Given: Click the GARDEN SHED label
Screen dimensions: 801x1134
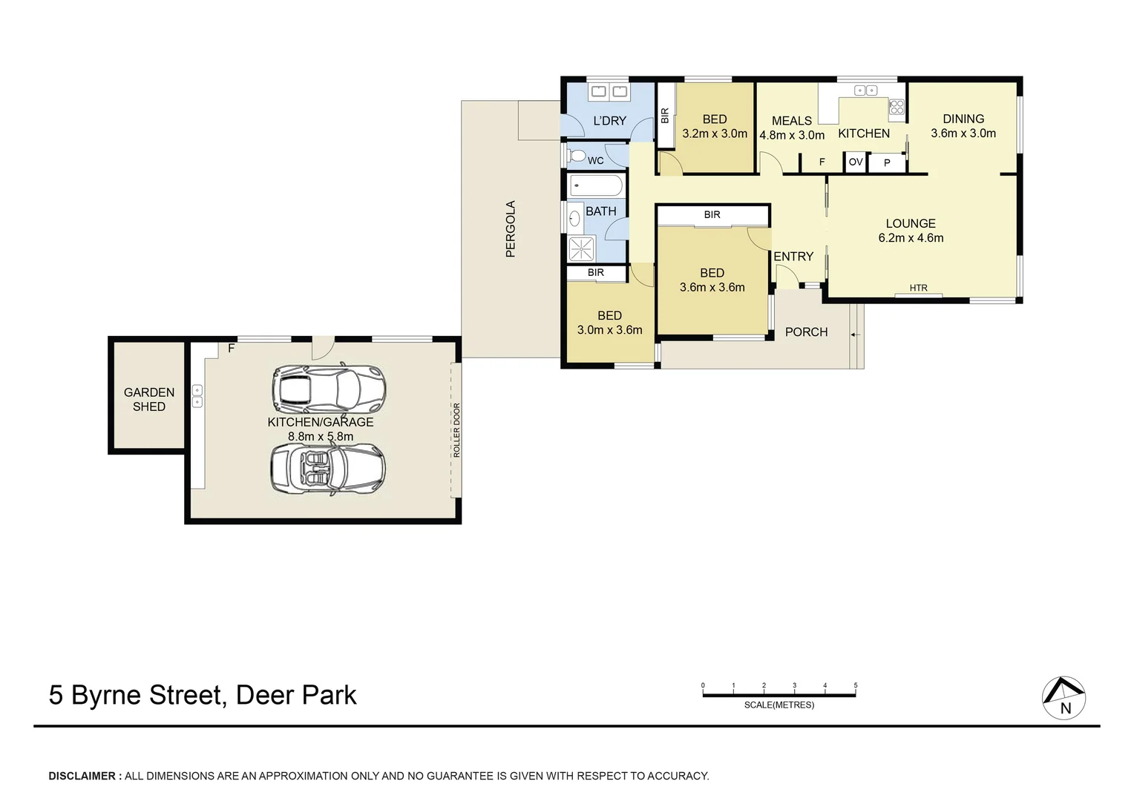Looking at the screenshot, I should (x=149, y=399).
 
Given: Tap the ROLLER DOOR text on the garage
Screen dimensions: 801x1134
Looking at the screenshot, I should (x=456, y=429).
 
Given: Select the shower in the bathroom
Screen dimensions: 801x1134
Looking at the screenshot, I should (x=581, y=249).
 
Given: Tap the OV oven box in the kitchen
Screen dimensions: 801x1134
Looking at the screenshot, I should (x=856, y=162).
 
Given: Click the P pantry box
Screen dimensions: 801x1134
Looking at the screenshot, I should (x=887, y=162).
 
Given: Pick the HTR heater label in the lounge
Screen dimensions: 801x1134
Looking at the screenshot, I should (x=918, y=288).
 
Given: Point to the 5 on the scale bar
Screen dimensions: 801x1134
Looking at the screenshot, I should (x=856, y=686).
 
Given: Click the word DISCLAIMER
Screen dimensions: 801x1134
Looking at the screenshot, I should (x=82, y=776).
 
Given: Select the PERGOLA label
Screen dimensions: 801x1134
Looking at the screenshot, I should (x=510, y=229).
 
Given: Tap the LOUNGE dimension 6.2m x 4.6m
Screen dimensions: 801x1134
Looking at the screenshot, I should (x=911, y=238).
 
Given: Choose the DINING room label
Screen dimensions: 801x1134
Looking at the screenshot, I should (x=963, y=119).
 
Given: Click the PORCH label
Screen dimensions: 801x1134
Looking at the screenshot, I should (x=806, y=332).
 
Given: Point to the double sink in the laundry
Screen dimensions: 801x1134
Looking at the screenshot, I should (x=609, y=92).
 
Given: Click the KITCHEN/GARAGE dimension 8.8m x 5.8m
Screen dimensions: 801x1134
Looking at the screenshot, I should (x=321, y=436).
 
